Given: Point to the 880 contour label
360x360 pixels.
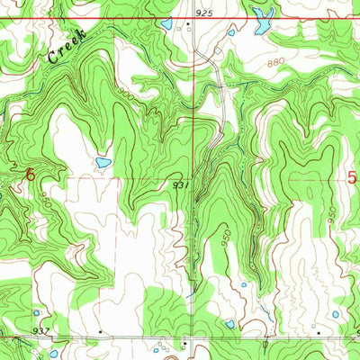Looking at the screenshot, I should coord(280,65).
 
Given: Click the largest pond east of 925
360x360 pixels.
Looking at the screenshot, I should coord(263,20).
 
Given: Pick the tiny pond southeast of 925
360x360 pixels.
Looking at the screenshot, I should coord(231,33).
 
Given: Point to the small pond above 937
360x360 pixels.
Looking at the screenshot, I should coord(36,313).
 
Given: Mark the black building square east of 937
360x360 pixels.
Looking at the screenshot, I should coord(99,332).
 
